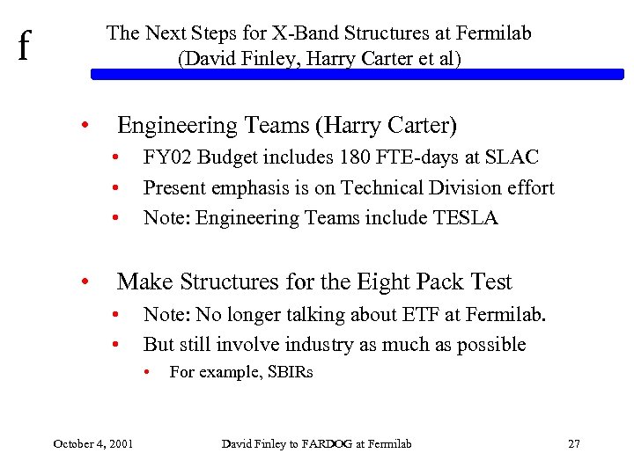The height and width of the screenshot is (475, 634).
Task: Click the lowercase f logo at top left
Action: coord(24,45)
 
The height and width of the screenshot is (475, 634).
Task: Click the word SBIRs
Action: coord(286,372)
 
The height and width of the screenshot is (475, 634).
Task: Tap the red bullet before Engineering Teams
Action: coord(85,127)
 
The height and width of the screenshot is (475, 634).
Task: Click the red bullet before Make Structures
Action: coord(85,282)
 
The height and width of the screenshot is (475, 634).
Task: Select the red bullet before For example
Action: coord(150,372)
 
